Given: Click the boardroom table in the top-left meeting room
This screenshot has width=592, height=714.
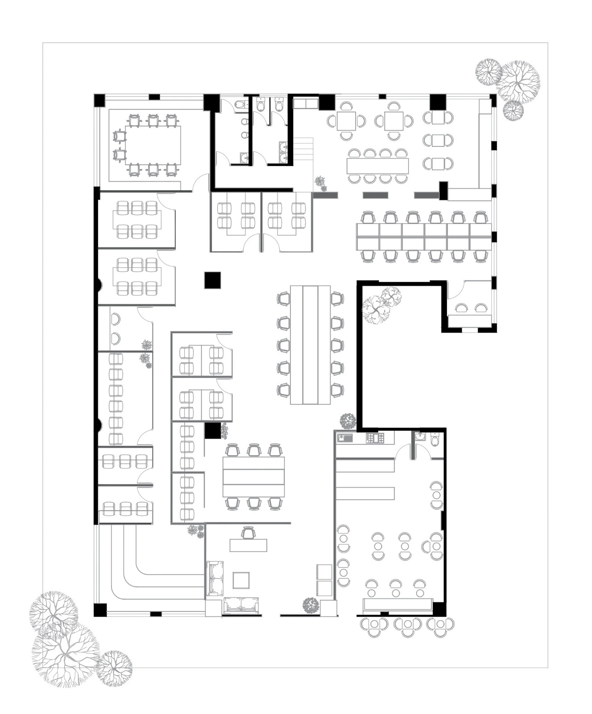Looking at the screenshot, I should (153, 145).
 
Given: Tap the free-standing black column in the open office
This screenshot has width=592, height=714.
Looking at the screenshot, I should (212, 280).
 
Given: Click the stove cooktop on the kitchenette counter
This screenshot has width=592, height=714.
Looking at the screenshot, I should (375, 438).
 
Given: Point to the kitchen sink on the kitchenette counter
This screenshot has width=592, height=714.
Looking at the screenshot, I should (345, 438).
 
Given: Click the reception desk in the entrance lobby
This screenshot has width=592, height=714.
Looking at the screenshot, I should (248, 545).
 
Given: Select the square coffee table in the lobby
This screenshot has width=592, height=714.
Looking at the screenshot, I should (241, 580).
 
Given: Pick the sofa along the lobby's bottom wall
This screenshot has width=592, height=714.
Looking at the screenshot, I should (241, 605).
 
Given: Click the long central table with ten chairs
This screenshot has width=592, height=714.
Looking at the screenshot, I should (310, 345).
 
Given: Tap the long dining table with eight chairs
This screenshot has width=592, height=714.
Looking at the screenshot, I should (377, 166).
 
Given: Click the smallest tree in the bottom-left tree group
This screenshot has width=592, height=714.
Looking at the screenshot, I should (114, 668).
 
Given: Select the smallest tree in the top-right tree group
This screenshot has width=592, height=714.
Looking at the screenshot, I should (513, 110).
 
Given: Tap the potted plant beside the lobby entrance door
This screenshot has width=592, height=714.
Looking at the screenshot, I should (310, 605).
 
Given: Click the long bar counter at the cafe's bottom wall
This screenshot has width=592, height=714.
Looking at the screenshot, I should (397, 605).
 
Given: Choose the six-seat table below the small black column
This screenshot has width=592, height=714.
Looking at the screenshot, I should (253, 477).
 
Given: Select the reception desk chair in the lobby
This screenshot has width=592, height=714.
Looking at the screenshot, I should (248, 532).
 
